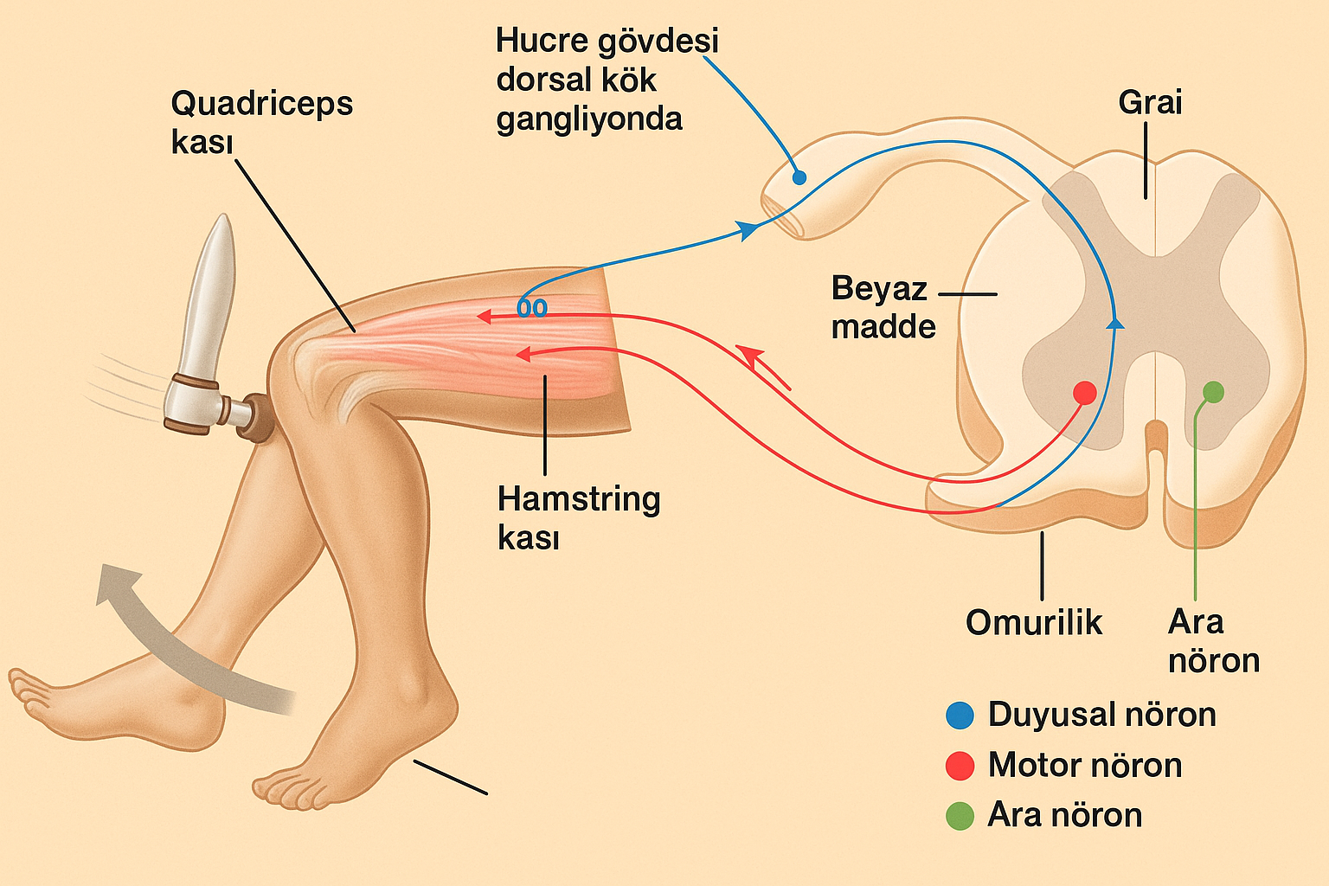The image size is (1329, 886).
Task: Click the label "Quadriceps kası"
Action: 261,122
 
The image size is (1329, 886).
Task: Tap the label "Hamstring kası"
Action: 578,517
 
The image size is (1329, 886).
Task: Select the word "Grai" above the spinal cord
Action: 1150,102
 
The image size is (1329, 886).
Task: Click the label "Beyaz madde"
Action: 883,307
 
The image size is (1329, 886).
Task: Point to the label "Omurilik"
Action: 1034,622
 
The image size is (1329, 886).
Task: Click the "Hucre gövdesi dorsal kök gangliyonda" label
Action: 606,80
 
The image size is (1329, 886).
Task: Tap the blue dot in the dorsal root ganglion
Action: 799,177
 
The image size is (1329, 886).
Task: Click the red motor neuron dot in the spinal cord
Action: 1084,393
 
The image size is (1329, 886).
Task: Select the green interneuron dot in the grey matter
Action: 1214,392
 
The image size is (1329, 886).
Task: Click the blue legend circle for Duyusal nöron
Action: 960,716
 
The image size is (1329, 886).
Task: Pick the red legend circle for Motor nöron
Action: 960,766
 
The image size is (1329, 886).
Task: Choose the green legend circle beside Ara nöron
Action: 960,816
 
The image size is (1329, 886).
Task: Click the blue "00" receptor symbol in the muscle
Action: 532,308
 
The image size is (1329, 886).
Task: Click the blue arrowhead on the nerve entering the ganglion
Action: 747,229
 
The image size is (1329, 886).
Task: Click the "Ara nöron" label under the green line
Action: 1212,641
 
